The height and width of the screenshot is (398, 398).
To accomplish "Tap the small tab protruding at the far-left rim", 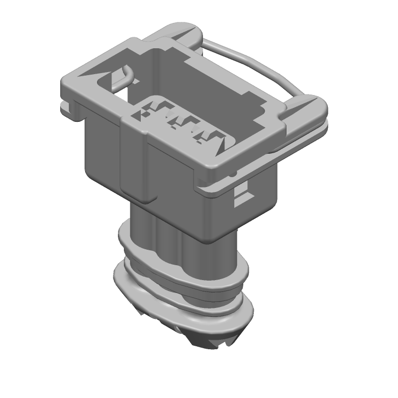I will point(64,105).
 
